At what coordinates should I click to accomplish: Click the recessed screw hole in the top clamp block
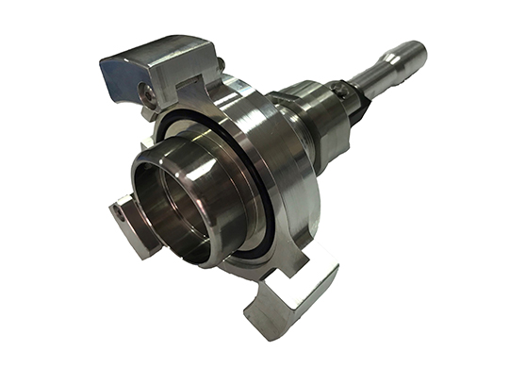pos(146,92)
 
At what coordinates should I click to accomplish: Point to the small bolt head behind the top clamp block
pos(221,63)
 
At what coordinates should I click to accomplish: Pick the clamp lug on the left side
pos(128,222)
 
